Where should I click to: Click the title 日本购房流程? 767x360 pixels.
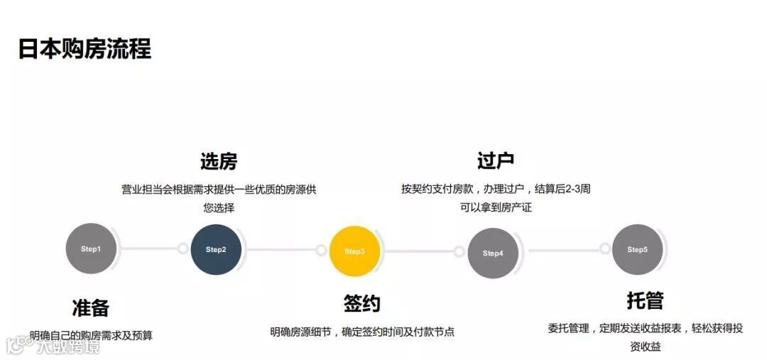click(x=84, y=50)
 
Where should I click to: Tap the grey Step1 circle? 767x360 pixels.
click(x=91, y=249)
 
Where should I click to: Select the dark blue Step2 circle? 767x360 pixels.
click(x=216, y=250)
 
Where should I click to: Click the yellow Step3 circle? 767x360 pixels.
click(x=354, y=251)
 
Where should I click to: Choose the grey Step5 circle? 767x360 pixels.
click(x=637, y=250)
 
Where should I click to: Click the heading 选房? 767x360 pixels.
click(x=218, y=162)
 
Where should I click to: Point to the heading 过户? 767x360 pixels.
click(x=495, y=161)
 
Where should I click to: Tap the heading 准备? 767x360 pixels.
click(x=91, y=308)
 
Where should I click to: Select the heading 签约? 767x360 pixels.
click(x=361, y=304)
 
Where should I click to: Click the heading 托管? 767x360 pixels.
click(x=644, y=300)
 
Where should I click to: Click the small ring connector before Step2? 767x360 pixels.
click(x=183, y=249)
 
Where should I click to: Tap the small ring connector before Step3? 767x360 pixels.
click(x=321, y=250)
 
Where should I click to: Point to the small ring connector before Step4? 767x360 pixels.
click(x=459, y=251)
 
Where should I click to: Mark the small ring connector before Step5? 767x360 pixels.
click(x=604, y=249)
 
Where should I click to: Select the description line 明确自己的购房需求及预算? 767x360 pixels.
click(x=91, y=335)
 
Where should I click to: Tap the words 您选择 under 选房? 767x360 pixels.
click(x=218, y=208)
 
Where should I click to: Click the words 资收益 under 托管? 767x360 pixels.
click(x=644, y=347)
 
